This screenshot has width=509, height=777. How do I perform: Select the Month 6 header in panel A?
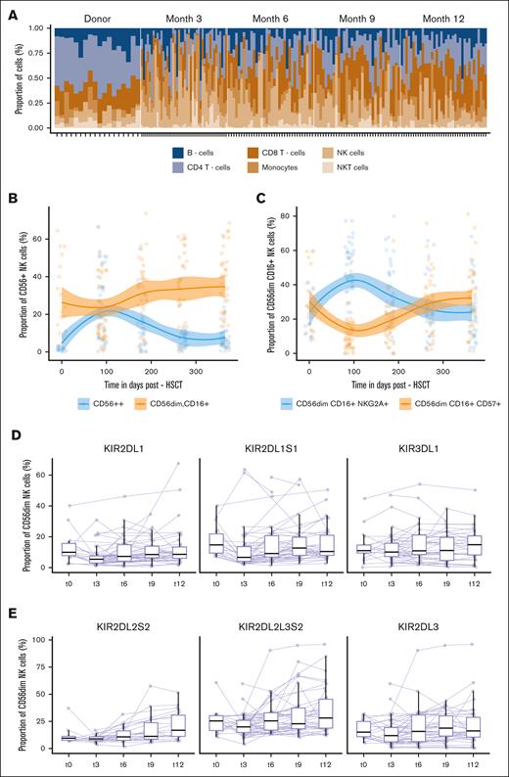[x=273, y=19]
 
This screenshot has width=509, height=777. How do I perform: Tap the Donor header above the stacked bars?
[x=98, y=19]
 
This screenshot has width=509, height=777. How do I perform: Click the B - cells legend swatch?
[x=179, y=153]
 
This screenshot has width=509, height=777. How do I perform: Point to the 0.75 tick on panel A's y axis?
[x=38, y=53]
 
